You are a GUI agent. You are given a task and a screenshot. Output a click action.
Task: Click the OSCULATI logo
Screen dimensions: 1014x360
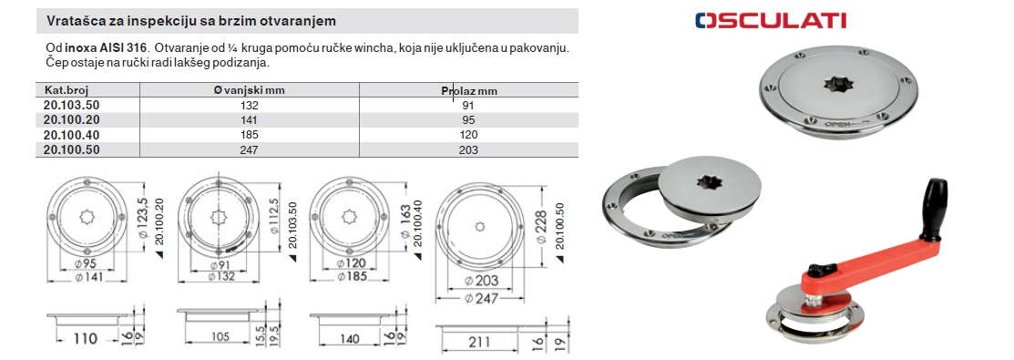point(770,20)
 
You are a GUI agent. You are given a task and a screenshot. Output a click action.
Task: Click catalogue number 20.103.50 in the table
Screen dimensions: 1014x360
point(73,105)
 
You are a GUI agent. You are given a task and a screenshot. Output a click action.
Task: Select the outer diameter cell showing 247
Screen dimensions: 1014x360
point(249,150)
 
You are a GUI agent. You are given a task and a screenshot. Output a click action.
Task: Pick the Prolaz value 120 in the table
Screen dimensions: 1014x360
point(469,135)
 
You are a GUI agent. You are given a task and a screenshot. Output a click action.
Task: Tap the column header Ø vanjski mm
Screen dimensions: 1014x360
point(249,90)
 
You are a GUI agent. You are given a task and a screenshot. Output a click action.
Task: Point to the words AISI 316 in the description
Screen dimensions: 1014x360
point(124,48)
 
